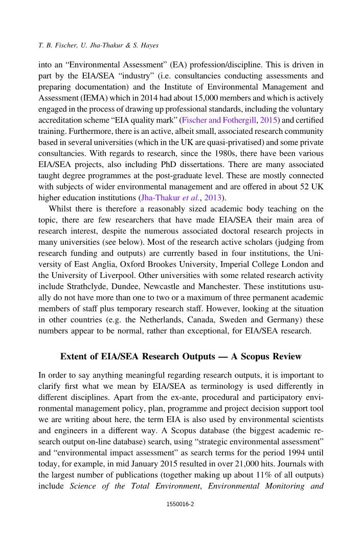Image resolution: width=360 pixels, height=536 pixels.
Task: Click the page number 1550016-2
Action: (x=180, y=518)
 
